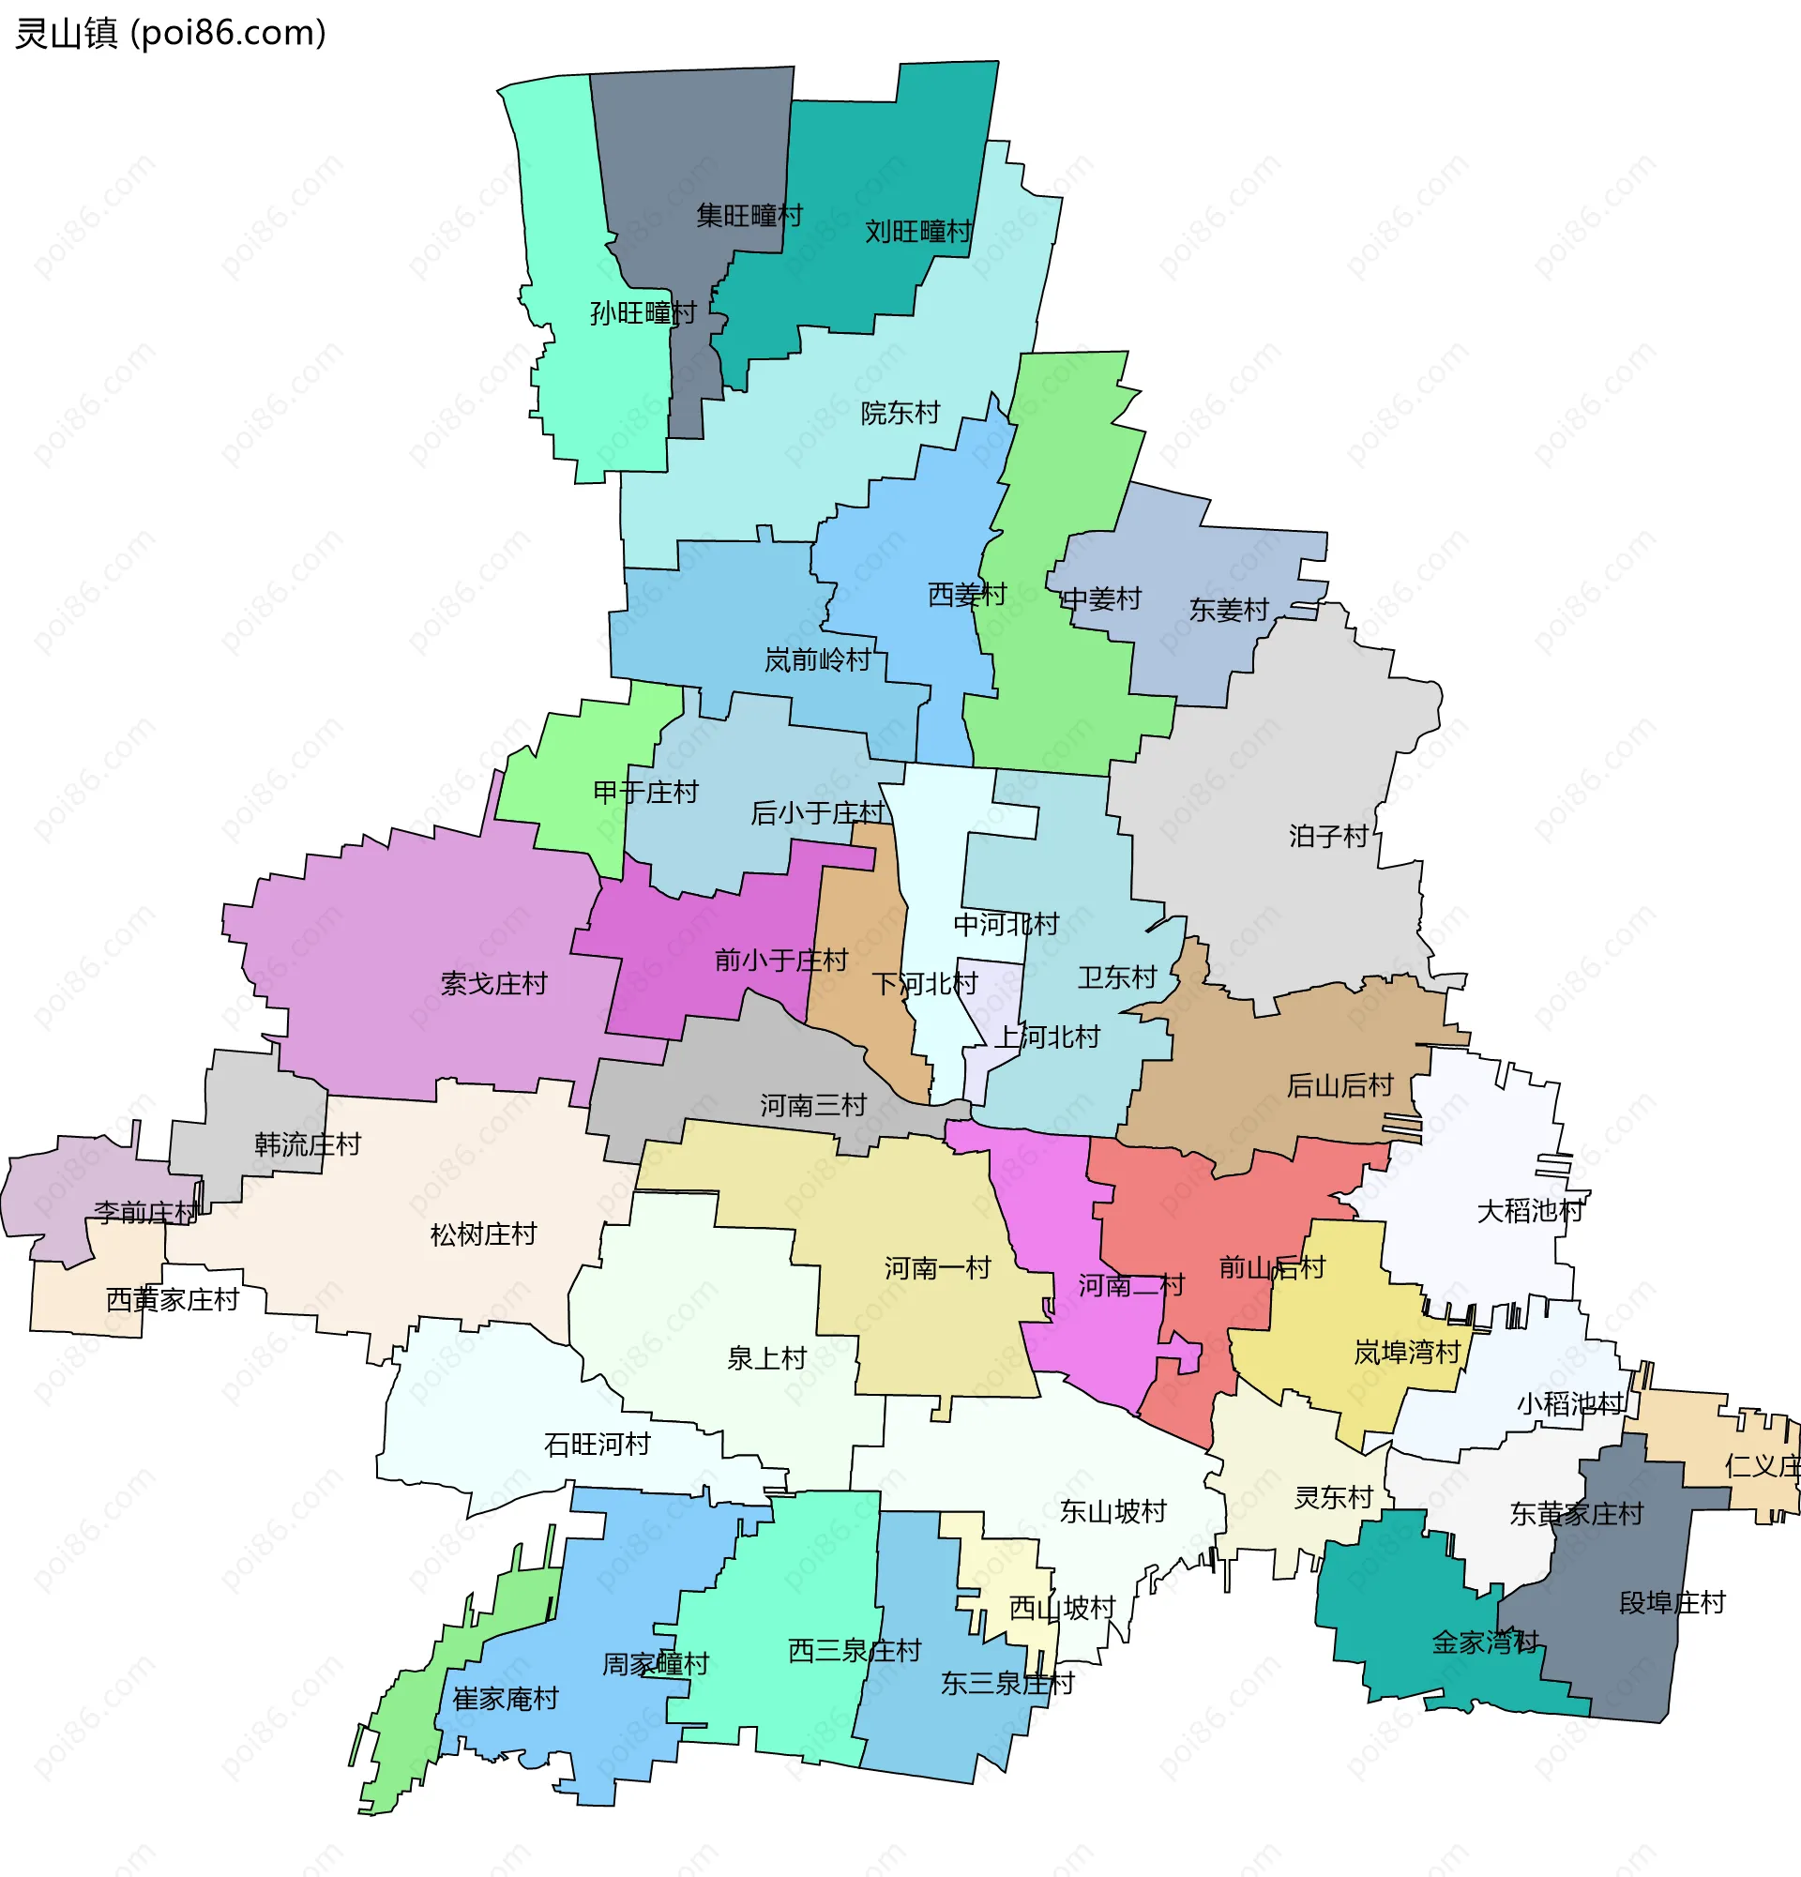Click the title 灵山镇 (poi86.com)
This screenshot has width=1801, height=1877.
pyautogui.click(x=171, y=34)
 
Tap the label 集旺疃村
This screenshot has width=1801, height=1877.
pyautogui.click(x=749, y=216)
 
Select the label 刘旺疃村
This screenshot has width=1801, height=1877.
pyautogui.click(x=917, y=232)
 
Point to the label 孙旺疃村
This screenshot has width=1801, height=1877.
pyautogui.click(x=643, y=313)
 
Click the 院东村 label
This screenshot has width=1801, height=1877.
pyautogui.click(x=900, y=414)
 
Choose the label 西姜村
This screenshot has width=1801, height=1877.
pyautogui.click(x=967, y=595)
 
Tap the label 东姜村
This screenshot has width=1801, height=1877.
pyautogui.click(x=1229, y=610)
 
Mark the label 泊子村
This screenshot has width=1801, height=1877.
pyautogui.click(x=1328, y=836)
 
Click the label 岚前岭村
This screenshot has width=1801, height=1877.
pyautogui.click(x=817, y=659)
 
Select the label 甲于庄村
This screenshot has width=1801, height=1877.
pyautogui.click(x=645, y=792)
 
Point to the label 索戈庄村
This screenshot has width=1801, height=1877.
pyautogui.click(x=493, y=983)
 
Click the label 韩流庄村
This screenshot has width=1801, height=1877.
pyautogui.click(x=308, y=1144)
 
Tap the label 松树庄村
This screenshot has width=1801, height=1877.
pyautogui.click(x=483, y=1234)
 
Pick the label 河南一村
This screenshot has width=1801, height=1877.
pyautogui.click(x=936, y=1269)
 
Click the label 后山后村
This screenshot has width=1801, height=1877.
pyautogui.click(x=1339, y=1085)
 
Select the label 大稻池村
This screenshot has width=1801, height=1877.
pyautogui.click(x=1530, y=1211)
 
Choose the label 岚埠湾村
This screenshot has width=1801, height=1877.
pyautogui.click(x=1406, y=1354)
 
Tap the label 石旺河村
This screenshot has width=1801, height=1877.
pyautogui.click(x=597, y=1445)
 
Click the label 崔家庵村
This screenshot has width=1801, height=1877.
pyautogui.click(x=506, y=1699)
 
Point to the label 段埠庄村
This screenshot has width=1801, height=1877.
pyautogui.click(x=1672, y=1603)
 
